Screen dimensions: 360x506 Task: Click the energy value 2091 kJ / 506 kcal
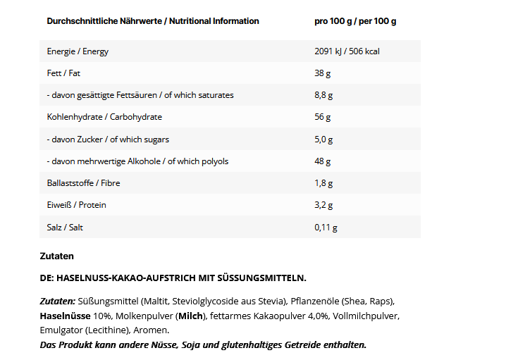click(x=347, y=51)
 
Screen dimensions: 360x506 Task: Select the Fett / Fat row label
click(x=63, y=73)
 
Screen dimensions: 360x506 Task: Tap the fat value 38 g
click(x=322, y=73)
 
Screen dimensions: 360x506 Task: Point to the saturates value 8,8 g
click(x=323, y=95)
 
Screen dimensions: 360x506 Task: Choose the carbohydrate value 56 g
click(x=322, y=117)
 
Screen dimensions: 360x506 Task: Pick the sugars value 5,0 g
click(x=323, y=139)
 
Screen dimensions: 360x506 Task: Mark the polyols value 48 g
click(x=322, y=161)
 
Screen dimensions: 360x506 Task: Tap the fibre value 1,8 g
click(x=323, y=183)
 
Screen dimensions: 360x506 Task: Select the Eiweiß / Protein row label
click(x=76, y=205)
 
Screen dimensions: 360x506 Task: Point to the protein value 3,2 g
click(x=323, y=205)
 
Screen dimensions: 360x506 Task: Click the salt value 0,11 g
click(x=326, y=228)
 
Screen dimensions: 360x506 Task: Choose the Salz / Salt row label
click(x=65, y=228)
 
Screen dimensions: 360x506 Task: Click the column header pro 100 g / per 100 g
click(x=355, y=21)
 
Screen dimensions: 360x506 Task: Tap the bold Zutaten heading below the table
click(x=56, y=256)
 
